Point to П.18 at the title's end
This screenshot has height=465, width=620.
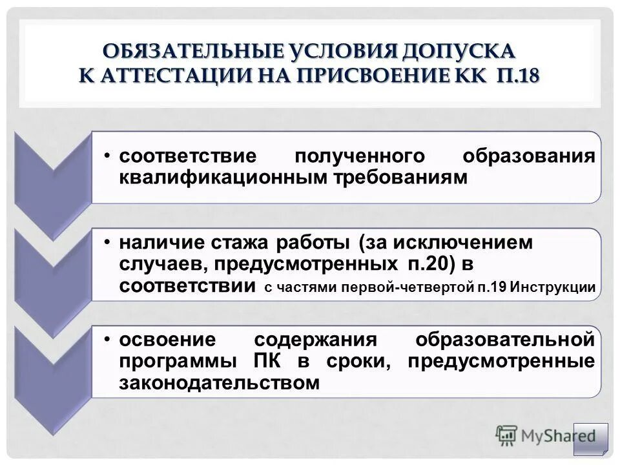518,75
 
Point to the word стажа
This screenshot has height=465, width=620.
239,243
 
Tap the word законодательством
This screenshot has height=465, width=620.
220,383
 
